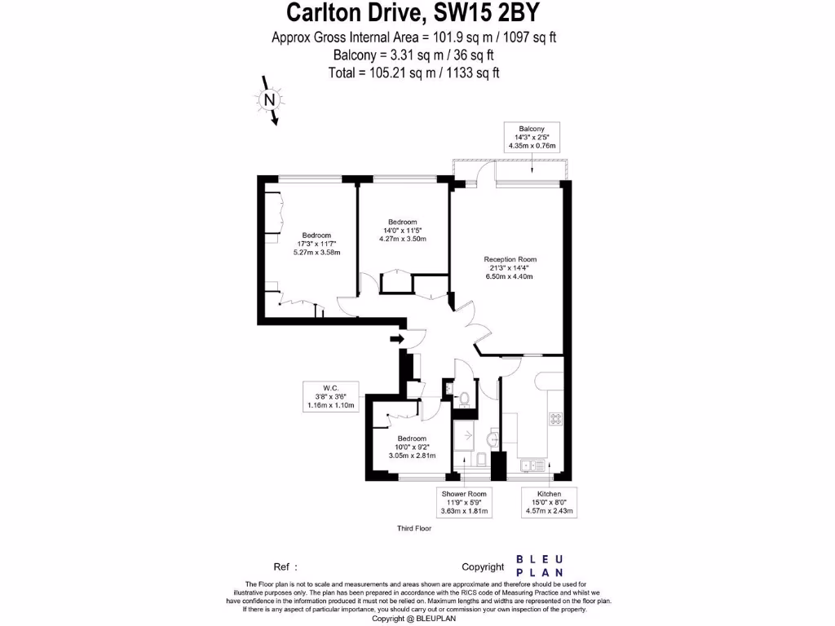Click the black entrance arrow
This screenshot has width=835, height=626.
click(x=397, y=338)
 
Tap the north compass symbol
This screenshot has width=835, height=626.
click(x=268, y=100)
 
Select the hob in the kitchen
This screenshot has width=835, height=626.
click(x=556, y=419)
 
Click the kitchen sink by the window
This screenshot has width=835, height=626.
click(x=532, y=465)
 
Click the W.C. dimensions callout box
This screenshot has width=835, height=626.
click(x=330, y=396)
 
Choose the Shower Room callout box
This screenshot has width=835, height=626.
click(x=464, y=502)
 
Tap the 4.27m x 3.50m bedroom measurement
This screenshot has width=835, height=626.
click(x=402, y=239)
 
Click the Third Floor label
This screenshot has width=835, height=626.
click(x=413, y=528)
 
